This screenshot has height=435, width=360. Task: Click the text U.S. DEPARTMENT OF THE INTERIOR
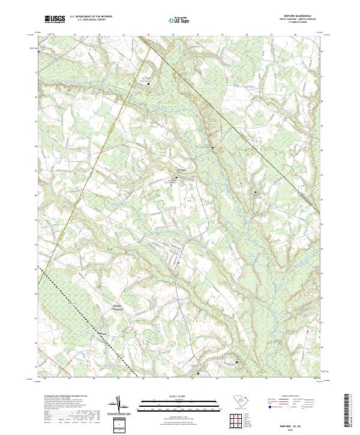(x=91, y=17)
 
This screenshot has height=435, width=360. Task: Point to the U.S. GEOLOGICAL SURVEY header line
(x=91, y=20)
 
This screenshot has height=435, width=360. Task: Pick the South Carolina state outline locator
(x=239, y=401)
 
